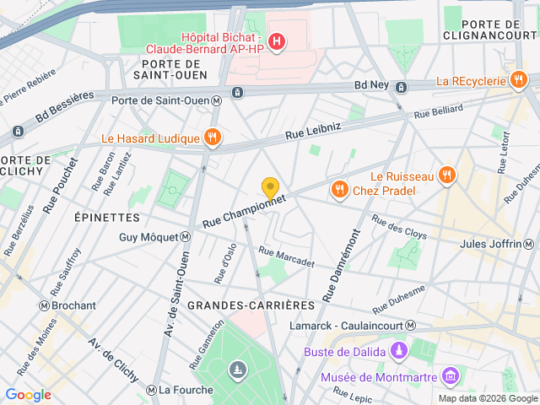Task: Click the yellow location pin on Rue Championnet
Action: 270,188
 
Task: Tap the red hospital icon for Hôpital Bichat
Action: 275,40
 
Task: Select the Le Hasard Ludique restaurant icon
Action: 212,138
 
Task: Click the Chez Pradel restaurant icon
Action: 340,190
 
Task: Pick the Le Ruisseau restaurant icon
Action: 447,175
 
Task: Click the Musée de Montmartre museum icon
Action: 451,374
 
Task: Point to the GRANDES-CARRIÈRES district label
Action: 251,304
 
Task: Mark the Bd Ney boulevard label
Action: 372,85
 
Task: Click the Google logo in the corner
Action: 28,394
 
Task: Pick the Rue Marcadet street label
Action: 286,256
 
